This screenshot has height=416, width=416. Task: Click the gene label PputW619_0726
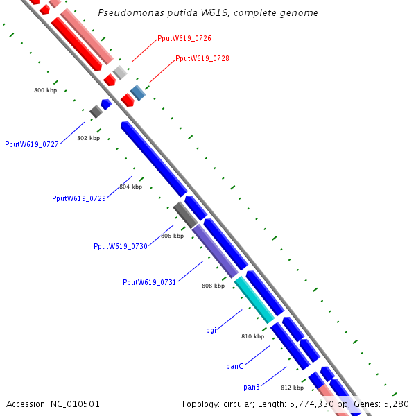coord(184,38)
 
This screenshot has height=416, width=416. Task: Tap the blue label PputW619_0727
coord(32,145)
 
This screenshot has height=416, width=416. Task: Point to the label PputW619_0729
coord(79,198)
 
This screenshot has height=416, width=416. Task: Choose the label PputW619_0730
coord(121,246)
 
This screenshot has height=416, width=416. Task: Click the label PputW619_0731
coord(150,282)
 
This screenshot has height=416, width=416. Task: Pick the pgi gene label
coord(211,330)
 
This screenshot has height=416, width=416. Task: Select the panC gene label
coord(234,366)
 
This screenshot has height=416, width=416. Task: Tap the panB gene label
coord(252,387)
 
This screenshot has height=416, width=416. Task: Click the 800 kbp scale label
coord(46,91)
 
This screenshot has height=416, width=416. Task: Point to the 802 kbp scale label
coord(89,138)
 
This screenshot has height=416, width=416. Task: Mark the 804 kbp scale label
coord(130,187)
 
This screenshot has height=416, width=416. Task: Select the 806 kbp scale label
coord(173,236)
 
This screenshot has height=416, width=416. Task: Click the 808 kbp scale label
coord(214,286)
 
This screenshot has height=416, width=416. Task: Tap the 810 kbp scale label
coord(253,336)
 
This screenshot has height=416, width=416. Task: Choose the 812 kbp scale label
coord(293,388)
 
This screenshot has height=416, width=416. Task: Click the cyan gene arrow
coord(254,300)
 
